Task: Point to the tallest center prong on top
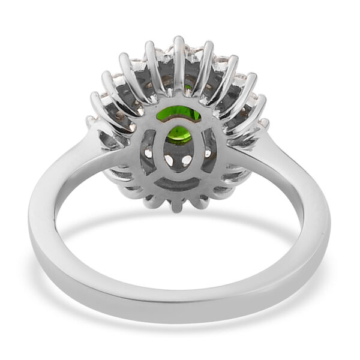(x=179, y=57)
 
